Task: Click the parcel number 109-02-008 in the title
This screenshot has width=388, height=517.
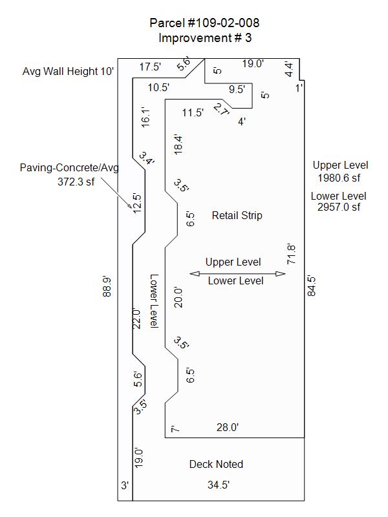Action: [x=223, y=23]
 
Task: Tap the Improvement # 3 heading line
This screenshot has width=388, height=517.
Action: [x=205, y=37]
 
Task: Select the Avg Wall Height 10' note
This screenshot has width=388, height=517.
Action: [x=69, y=71]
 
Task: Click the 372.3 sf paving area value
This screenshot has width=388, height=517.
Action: [x=76, y=182]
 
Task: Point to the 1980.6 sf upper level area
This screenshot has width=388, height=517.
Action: [x=339, y=178]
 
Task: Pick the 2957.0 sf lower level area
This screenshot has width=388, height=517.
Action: [x=339, y=207]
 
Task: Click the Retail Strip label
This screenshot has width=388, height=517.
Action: [x=237, y=215]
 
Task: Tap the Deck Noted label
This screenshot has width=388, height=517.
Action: [x=216, y=464]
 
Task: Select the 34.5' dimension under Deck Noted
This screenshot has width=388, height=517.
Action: [x=219, y=485]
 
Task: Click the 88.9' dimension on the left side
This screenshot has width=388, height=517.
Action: [x=107, y=286]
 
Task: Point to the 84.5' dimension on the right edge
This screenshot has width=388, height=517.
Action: [x=312, y=286]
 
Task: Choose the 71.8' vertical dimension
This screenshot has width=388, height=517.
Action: [x=292, y=254]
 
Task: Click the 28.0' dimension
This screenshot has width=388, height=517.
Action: [x=228, y=427]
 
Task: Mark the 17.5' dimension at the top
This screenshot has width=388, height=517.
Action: [x=150, y=67]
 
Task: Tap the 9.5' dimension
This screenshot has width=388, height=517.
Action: [x=237, y=89]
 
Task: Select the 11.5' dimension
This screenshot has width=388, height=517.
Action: [x=193, y=112]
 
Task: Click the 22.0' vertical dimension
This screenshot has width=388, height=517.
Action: [x=136, y=319]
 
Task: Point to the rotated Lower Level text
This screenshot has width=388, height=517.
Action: [x=154, y=301]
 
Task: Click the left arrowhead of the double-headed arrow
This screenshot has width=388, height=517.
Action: [x=195, y=273]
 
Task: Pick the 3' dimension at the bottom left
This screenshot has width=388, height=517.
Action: [x=125, y=486]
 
